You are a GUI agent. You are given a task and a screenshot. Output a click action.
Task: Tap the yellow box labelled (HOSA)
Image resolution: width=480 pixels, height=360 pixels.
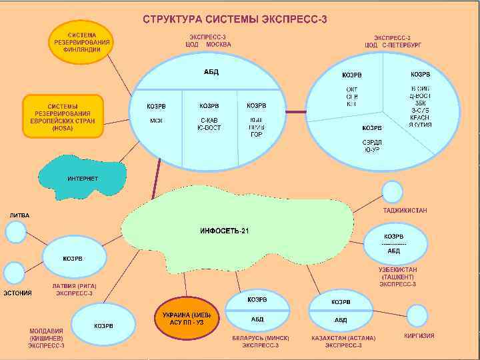point(64,116)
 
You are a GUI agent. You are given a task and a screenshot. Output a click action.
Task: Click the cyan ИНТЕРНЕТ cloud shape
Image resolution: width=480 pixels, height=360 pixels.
point(83,179)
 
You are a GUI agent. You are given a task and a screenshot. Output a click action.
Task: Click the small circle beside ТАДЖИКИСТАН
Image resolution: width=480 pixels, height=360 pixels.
point(392,192)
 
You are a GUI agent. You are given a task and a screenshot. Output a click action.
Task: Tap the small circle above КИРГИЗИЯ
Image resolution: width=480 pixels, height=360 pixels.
point(417,316)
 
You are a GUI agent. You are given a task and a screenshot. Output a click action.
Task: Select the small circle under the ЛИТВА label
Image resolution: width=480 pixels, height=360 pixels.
point(16,232)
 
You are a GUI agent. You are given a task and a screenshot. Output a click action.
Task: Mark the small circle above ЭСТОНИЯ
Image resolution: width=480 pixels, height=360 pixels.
point(13,273)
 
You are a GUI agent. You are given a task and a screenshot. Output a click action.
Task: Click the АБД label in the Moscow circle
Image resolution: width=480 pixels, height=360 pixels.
point(211,72)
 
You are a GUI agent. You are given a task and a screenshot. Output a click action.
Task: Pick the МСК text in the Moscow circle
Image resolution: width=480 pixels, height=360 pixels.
point(157,121)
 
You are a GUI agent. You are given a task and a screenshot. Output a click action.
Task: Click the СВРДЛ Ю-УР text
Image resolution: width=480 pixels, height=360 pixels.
point(371,145)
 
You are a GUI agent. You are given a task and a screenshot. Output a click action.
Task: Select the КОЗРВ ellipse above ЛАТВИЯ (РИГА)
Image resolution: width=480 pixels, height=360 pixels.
point(73,258)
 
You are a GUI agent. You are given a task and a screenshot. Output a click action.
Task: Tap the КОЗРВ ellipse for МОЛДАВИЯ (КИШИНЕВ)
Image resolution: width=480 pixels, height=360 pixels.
point(103,325)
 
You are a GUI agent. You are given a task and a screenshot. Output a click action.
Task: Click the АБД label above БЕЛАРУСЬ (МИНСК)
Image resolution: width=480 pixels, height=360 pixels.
point(257,320)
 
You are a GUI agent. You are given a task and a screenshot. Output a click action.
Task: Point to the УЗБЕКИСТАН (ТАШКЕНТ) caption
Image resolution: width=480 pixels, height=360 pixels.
point(397,277)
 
